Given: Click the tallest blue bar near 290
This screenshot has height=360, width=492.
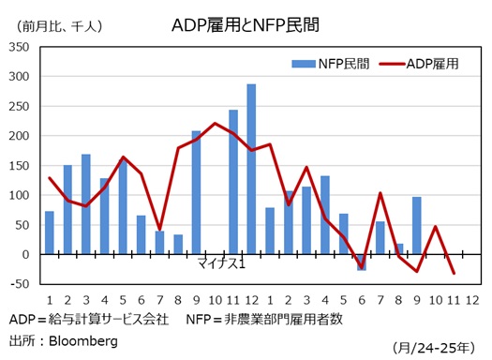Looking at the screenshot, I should tap(251, 169).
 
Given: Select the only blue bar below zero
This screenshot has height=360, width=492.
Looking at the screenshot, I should tap(361, 262).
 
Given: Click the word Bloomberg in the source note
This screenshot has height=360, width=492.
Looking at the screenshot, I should tap(83, 341).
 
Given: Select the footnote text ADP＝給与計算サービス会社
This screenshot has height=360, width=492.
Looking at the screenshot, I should tap(88, 320).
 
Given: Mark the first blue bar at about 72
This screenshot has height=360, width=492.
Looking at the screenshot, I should tap(50, 232).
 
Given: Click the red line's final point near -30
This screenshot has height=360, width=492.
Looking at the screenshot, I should tap(452, 273).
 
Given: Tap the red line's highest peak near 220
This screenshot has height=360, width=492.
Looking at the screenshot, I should tap(215, 123).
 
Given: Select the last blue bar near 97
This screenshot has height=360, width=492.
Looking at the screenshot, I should tap(415, 225).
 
